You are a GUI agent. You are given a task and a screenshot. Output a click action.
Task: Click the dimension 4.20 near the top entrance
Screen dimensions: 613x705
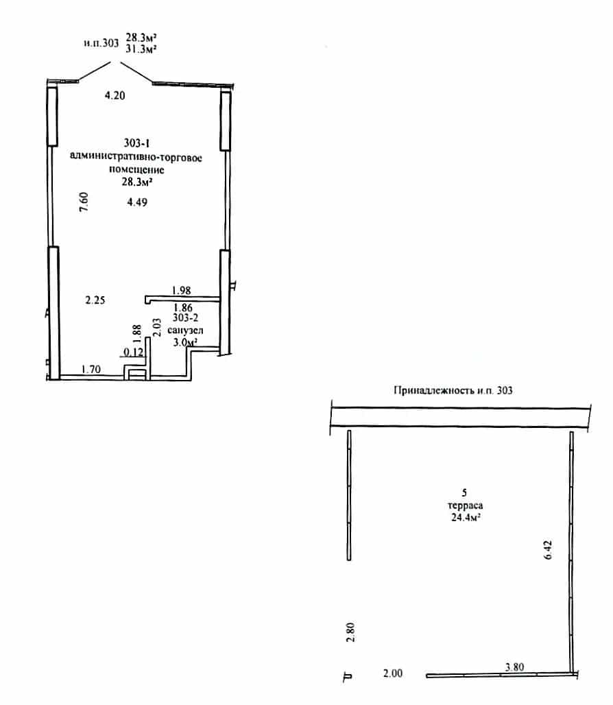pyautogui.click(x=115, y=95)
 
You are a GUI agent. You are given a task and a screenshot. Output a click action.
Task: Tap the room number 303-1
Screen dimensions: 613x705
pyautogui.click(x=136, y=143)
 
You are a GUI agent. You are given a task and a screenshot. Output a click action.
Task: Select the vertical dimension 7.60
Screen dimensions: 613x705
pyautogui.click(x=84, y=202)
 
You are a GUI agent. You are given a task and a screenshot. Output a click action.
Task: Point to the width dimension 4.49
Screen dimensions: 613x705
pyautogui.click(x=137, y=202)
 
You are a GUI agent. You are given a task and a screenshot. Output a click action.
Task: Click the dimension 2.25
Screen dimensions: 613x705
pyautogui.click(x=95, y=300)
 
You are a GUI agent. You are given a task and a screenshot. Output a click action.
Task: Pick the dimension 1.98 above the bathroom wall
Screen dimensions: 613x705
pyautogui.click(x=182, y=291)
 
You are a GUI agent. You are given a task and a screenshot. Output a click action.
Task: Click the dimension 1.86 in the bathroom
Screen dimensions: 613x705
pyautogui.click(x=183, y=307)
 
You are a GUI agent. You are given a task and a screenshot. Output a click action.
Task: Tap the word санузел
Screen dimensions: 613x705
pyautogui.click(x=185, y=330)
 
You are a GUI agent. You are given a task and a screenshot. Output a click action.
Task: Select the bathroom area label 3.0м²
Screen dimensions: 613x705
pyautogui.click(x=186, y=342)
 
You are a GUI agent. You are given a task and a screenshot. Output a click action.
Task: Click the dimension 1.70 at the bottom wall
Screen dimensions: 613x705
pyautogui.click(x=91, y=369)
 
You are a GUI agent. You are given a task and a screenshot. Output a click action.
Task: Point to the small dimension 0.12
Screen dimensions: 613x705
pyautogui.click(x=134, y=352)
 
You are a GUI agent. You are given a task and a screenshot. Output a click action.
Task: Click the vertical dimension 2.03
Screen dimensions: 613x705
pyautogui.click(x=157, y=327)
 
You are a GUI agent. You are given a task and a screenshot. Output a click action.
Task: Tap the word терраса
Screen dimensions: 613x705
pyautogui.click(x=465, y=505)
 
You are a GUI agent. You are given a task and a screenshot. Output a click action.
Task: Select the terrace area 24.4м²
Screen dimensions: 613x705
pyautogui.click(x=466, y=517)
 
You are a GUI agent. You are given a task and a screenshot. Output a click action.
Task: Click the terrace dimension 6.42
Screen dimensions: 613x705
pyautogui.click(x=548, y=549)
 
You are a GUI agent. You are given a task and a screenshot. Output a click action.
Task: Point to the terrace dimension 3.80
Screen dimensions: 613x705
pyautogui.click(x=514, y=667)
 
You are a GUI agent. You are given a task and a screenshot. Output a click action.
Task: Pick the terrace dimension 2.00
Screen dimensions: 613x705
pyautogui.click(x=393, y=673)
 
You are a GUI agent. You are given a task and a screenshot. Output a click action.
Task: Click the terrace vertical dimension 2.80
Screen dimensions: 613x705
pyautogui.click(x=351, y=632)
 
